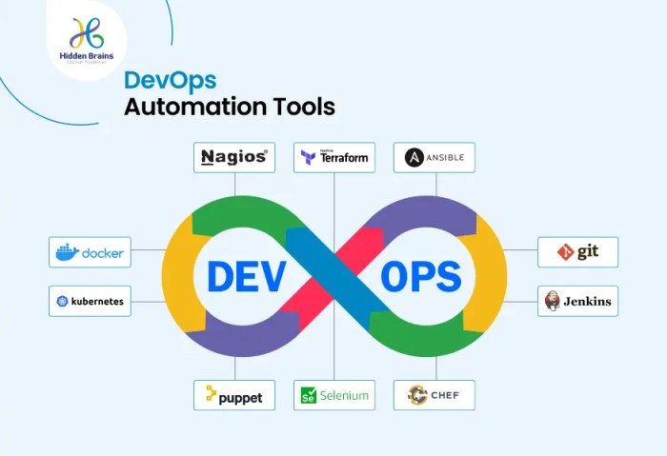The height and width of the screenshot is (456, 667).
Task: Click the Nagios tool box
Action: (233, 157)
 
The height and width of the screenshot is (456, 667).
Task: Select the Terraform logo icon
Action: (308, 158)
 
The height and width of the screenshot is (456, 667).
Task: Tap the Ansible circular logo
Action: (414, 157)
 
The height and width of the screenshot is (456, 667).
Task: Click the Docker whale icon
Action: (67, 252)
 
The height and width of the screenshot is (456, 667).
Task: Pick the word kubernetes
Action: (98, 301)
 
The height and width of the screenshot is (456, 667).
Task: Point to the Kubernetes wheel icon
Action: (63, 301)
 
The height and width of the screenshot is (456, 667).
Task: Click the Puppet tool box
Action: (233, 394)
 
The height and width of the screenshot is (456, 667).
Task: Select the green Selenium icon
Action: (308, 395)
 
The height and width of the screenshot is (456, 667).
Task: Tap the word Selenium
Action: (344, 395)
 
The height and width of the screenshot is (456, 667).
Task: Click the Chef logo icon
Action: (416, 394)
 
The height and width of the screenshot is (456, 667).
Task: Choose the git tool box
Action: (577, 252)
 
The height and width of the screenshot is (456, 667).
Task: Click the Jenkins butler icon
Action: (552, 301)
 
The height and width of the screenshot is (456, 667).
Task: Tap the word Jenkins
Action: (587, 302)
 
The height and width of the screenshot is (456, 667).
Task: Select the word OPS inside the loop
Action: (421, 276)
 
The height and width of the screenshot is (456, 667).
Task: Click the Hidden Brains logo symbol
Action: (86, 33)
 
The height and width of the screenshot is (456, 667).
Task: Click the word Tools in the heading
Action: (300, 106)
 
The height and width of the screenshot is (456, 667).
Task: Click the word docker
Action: (103, 253)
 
